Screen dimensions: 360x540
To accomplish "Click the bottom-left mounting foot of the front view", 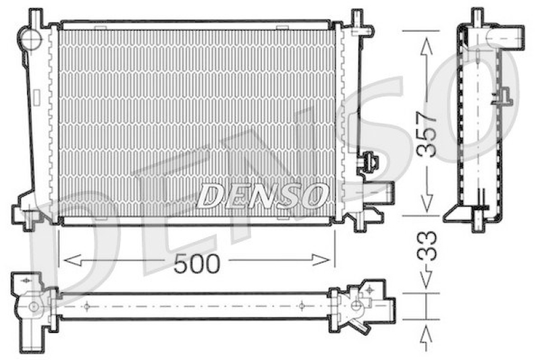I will pyautogui.click(x=28, y=217).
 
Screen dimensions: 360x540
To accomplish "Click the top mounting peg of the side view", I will pyautogui.click(x=477, y=16).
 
